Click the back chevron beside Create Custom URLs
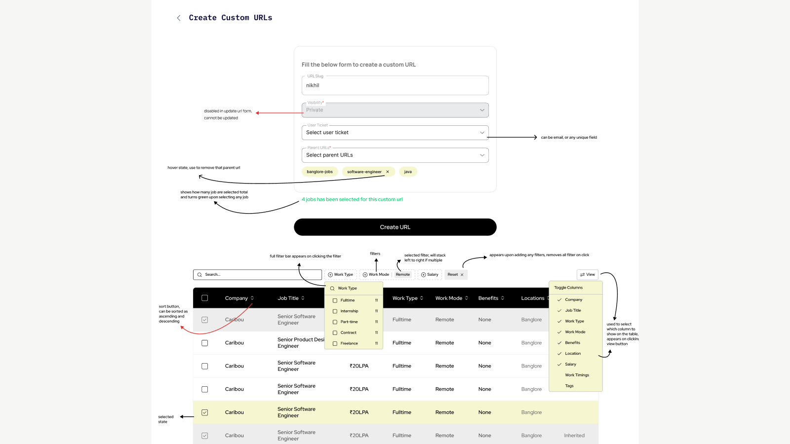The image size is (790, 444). (179, 18)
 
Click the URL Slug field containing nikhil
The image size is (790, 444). (395, 85)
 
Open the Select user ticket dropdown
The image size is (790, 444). (395, 133)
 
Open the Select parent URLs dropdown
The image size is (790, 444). (395, 155)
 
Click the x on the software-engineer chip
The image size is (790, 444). (388, 172)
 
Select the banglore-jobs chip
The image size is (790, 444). (319, 172)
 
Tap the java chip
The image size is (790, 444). (408, 172)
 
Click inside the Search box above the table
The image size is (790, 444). (257, 274)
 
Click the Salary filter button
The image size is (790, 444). (430, 274)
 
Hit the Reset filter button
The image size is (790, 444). (456, 274)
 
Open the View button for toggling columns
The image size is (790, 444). (588, 274)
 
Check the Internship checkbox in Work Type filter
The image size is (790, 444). (335, 311)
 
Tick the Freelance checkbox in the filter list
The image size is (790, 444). (335, 343)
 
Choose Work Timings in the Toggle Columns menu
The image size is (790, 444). (577, 375)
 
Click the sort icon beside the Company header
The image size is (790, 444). (252, 298)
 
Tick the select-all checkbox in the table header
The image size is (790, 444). (204, 298)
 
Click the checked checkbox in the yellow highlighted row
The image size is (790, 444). (204, 412)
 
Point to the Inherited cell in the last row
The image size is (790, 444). (574, 436)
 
